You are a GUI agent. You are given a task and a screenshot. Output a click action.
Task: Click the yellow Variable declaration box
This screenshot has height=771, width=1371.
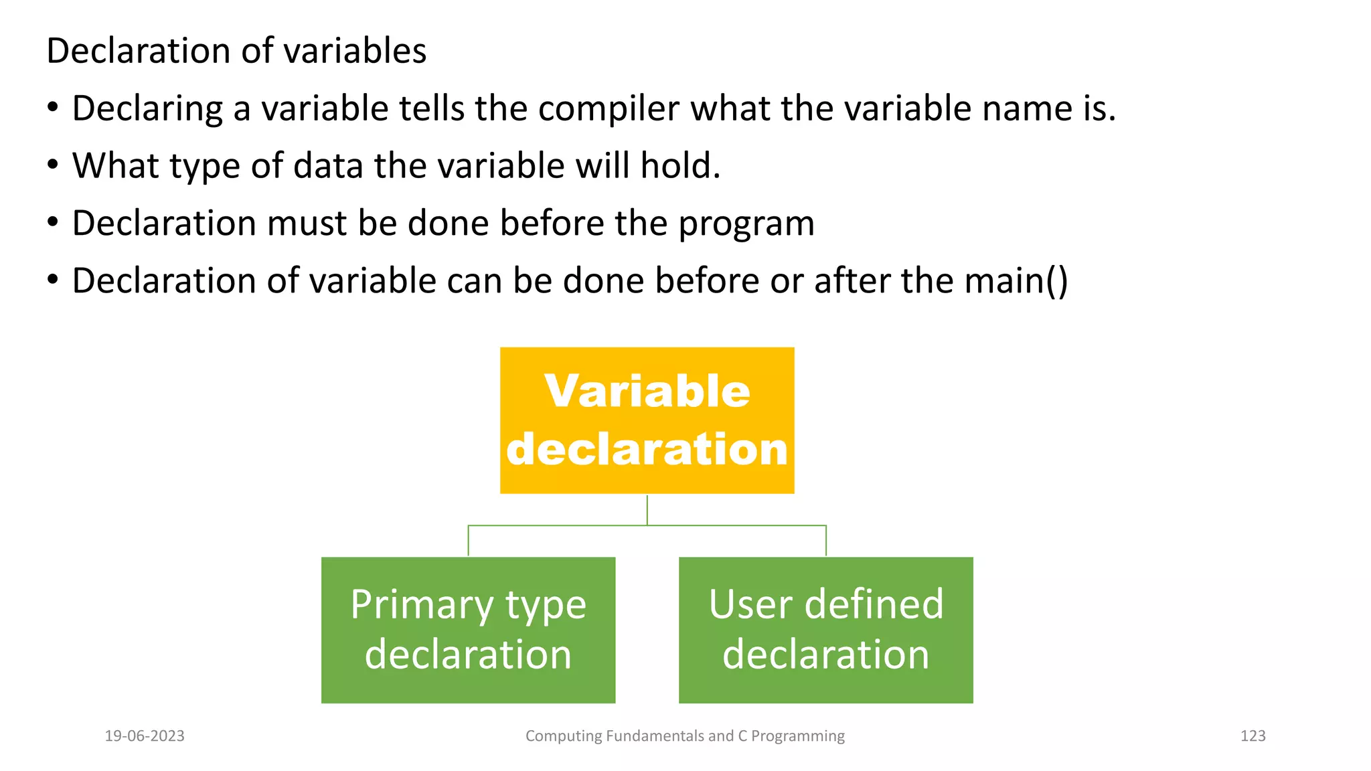click(x=647, y=420)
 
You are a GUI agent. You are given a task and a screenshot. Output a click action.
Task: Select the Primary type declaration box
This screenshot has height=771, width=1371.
click(x=468, y=630)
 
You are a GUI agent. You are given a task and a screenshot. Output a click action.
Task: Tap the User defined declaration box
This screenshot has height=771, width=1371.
click(x=825, y=630)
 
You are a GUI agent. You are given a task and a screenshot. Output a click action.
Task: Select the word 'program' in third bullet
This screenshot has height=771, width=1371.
click(x=746, y=224)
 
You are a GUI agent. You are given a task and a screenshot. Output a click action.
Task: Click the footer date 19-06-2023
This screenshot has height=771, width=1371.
click(x=145, y=736)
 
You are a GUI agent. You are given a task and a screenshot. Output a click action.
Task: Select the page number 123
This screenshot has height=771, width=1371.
click(x=1253, y=736)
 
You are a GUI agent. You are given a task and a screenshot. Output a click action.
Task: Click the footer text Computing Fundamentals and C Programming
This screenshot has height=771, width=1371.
click(x=685, y=736)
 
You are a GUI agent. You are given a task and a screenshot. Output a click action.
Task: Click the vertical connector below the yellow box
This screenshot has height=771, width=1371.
click(x=647, y=510)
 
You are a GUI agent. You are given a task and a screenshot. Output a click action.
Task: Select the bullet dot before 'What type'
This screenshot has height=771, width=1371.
click(x=53, y=164)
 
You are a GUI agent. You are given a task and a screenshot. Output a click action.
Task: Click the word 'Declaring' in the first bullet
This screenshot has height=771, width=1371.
click(x=147, y=108)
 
